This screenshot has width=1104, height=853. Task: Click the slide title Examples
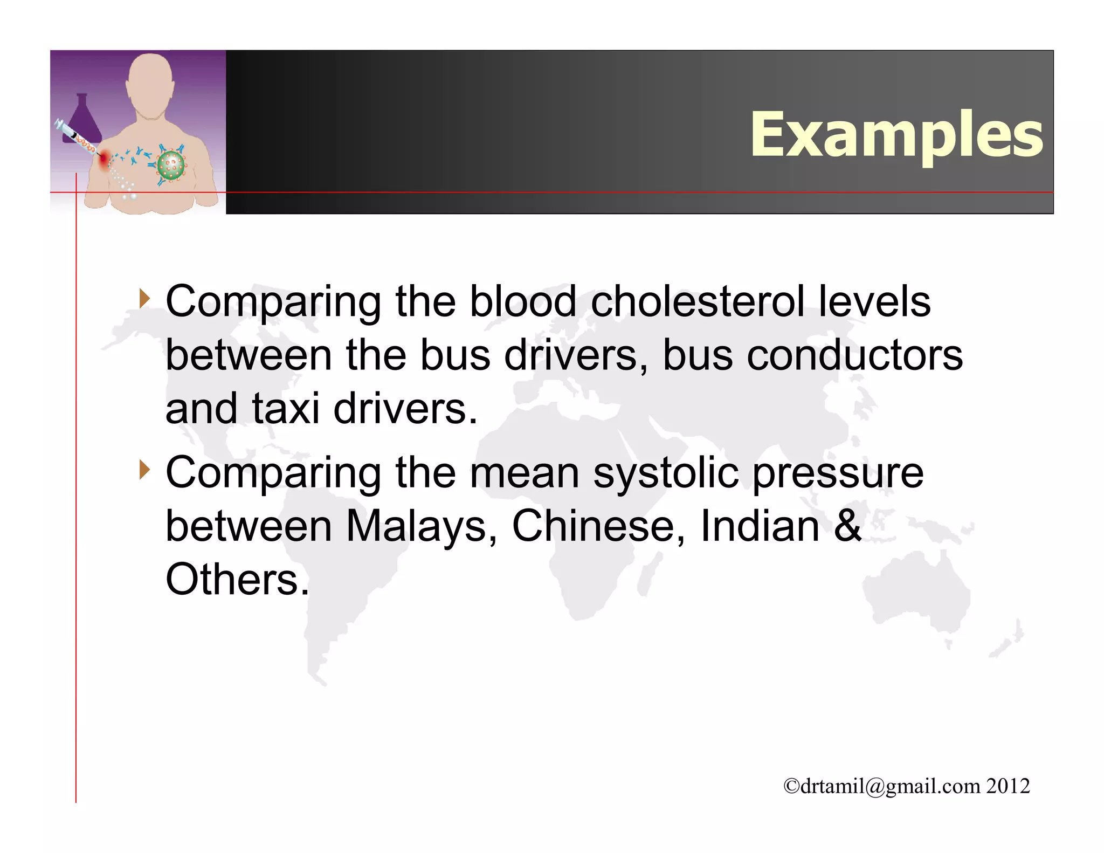pyautogui.click(x=896, y=135)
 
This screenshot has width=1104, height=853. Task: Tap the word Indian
pyautogui.click(x=760, y=526)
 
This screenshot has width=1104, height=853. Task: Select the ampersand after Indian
pyautogui.click(x=848, y=526)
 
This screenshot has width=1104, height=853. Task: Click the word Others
pyautogui.click(x=237, y=580)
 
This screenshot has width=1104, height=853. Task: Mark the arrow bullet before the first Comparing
pyautogui.click(x=144, y=298)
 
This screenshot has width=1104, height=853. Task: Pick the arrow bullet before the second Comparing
pyautogui.click(x=144, y=470)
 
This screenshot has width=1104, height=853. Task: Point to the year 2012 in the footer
pyautogui.click(x=1008, y=786)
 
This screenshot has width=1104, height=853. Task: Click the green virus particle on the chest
pyautogui.click(x=170, y=166)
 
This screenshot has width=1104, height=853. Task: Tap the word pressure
pyautogui.click(x=838, y=473)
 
